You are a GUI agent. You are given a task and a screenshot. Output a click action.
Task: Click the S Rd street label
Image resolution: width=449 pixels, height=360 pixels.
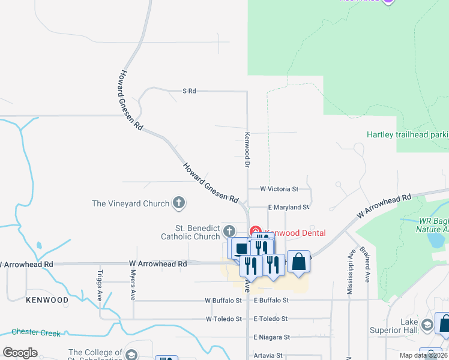click(x=189, y=91)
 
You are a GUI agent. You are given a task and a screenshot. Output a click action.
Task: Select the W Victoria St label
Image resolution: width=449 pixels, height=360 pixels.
click(x=279, y=189)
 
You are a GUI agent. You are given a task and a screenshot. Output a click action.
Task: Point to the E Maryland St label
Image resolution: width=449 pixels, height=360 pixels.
click(x=288, y=207)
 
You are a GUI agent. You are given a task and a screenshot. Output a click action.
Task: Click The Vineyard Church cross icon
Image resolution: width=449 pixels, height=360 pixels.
click(x=178, y=203)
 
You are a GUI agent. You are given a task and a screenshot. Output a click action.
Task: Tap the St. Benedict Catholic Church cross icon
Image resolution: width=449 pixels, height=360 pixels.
click(x=229, y=231)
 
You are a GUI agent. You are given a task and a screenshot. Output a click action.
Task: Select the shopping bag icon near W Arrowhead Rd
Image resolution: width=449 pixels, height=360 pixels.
click(x=298, y=262)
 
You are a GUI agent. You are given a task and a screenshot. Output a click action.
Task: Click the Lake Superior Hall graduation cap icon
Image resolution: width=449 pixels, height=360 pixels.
click(x=427, y=325)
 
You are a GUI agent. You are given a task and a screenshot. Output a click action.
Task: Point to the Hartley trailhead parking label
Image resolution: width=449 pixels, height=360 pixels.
click(x=408, y=134)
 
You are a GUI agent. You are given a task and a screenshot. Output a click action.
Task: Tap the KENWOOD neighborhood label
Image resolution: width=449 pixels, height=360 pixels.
click(x=47, y=299)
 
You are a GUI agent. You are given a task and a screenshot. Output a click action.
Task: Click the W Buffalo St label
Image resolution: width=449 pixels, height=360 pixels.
click(x=223, y=301)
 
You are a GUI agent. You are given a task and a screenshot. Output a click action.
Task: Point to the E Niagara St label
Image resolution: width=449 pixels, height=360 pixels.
click(x=271, y=337)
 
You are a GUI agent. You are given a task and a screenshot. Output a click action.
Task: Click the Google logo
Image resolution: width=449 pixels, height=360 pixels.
click(x=20, y=352)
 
